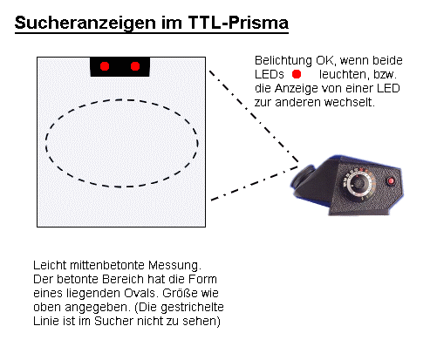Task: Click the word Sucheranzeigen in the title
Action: (85, 23)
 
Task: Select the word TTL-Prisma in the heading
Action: (238, 22)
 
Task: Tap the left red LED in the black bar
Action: (105, 66)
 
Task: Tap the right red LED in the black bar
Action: (135, 66)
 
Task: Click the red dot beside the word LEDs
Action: (297, 74)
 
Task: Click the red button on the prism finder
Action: (391, 181)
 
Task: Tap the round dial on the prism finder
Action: (358, 183)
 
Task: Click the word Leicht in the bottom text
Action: (50, 265)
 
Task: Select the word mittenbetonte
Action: (107, 265)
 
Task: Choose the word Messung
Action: (174, 266)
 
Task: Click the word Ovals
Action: (141, 293)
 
